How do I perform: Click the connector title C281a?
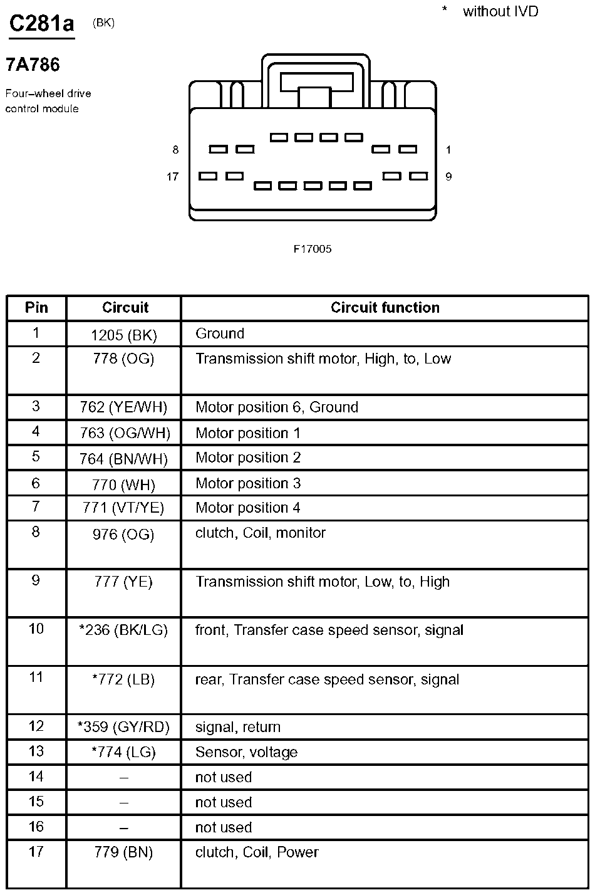point(42,24)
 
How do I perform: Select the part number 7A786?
point(33,65)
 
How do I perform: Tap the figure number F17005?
point(313,249)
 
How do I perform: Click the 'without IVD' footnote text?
point(500,11)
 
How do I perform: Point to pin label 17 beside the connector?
point(172,177)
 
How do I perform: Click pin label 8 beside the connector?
point(175,150)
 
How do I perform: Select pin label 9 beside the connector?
point(448,177)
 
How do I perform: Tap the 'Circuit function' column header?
point(385,308)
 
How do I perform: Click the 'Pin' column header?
point(36,308)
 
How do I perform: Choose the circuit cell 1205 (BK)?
point(123,335)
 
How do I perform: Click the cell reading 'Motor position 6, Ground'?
point(277,407)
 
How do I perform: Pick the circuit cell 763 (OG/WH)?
point(125,433)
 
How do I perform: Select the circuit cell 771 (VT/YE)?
point(123,508)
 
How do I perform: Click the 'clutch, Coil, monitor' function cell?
point(261,533)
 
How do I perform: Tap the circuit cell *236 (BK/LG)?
point(123,631)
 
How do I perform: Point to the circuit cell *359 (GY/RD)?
point(123,728)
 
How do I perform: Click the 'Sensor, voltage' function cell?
point(246,752)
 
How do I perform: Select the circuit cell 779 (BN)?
point(123,852)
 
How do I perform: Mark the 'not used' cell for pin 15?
point(224,802)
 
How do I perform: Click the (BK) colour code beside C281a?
point(103,23)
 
